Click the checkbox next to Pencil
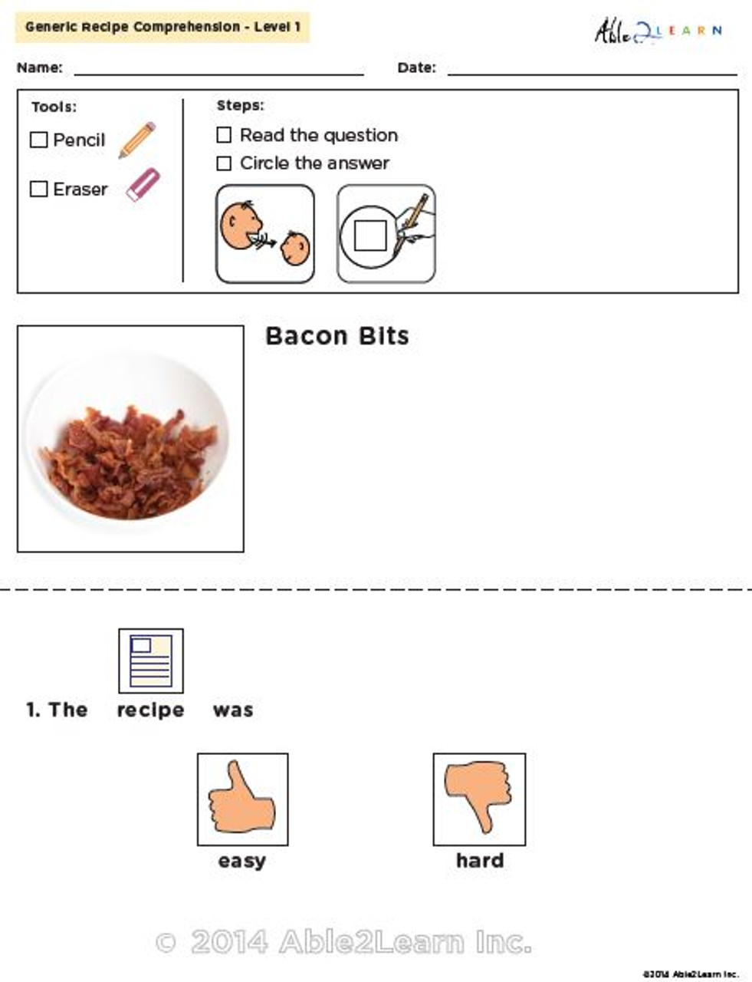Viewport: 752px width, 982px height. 38,140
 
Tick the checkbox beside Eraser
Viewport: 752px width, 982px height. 38,189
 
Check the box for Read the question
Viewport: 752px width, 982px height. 224,135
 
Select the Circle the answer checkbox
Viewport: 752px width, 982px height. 224,163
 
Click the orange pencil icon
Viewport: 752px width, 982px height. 137,140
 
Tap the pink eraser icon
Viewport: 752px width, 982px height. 143,185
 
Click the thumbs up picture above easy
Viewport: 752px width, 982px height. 242,799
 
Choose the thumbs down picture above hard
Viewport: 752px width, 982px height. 479,799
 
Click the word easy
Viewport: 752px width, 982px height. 241,861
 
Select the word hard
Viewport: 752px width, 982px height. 480,861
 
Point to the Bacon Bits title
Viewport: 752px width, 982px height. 337,336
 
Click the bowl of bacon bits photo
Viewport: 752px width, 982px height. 130,439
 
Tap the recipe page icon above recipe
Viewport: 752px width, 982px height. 151,661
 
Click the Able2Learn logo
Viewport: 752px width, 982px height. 657,31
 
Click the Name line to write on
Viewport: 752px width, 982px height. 218,69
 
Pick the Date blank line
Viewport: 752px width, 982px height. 592,69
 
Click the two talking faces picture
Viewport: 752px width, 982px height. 265,234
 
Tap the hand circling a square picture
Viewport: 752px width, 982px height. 386,234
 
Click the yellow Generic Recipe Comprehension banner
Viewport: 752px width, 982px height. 163,28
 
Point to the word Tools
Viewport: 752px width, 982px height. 54,107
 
